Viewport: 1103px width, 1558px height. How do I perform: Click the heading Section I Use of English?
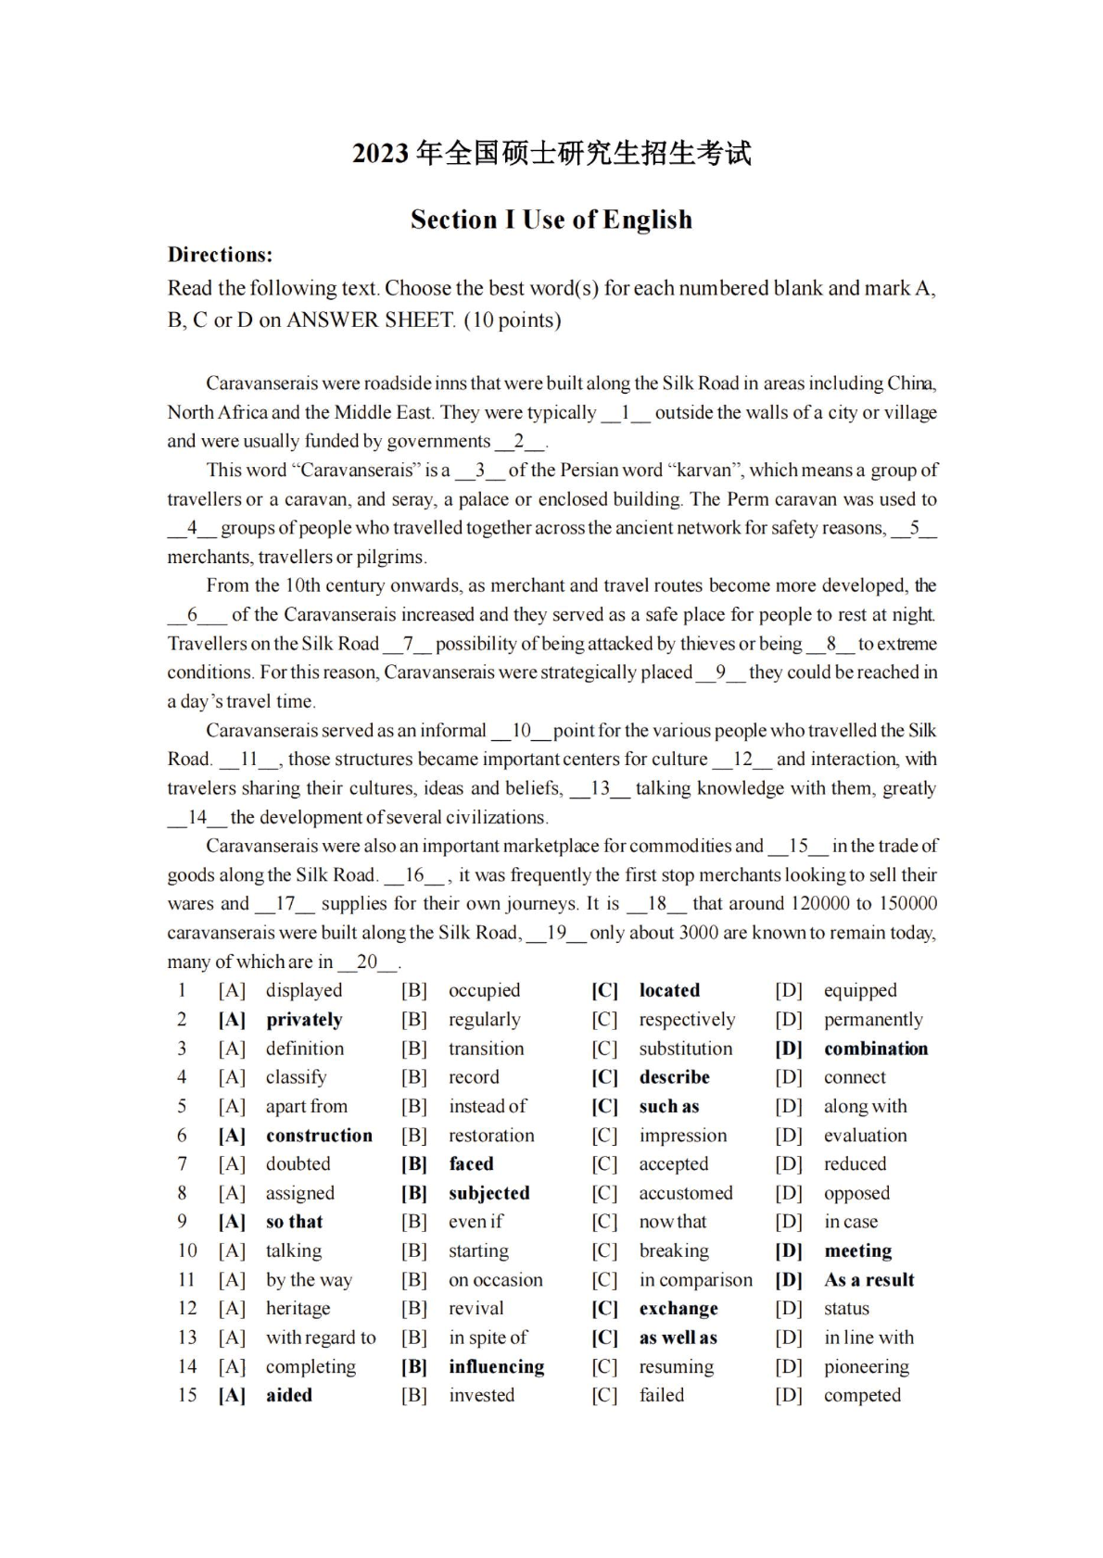tap(551, 220)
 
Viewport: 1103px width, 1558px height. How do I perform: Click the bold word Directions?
tap(220, 255)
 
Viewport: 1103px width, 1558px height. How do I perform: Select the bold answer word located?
tap(669, 990)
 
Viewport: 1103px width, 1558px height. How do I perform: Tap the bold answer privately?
tap(304, 1020)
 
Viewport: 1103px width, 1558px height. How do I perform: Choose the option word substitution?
tap(685, 1049)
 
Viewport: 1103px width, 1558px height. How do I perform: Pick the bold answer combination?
tap(876, 1049)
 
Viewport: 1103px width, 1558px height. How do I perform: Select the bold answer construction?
tap(319, 1136)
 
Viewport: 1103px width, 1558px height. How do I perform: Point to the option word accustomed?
tap(685, 1193)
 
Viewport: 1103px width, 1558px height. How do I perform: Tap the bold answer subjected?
tap(488, 1193)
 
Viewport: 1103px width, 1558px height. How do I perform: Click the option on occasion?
tap(495, 1280)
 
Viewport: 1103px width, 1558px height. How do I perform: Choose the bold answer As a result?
tap(868, 1280)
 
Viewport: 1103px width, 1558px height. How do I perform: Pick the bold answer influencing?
tap(496, 1367)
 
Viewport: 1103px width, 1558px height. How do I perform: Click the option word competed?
tap(862, 1396)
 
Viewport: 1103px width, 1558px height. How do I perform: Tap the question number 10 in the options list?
tap(187, 1251)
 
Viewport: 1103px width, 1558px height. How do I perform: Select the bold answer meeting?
tap(857, 1251)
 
